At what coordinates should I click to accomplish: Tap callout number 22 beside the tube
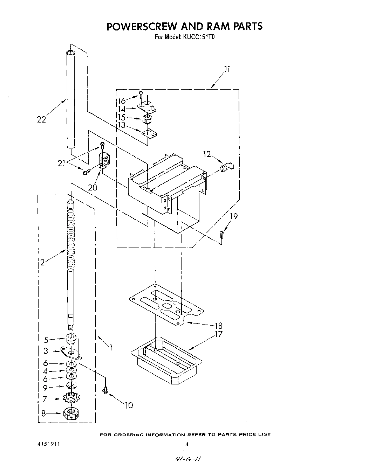41,119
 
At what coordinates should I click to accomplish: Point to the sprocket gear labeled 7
71,398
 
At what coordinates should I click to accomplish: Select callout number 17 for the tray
218,334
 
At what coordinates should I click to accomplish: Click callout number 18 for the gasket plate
218,326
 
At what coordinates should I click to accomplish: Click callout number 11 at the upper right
227,69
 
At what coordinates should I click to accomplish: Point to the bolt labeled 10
105,390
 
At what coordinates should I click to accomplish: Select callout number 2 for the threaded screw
42,263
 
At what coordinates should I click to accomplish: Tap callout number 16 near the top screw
121,101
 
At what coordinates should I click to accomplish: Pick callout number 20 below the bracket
93,187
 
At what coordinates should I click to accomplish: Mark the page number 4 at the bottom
187,444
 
